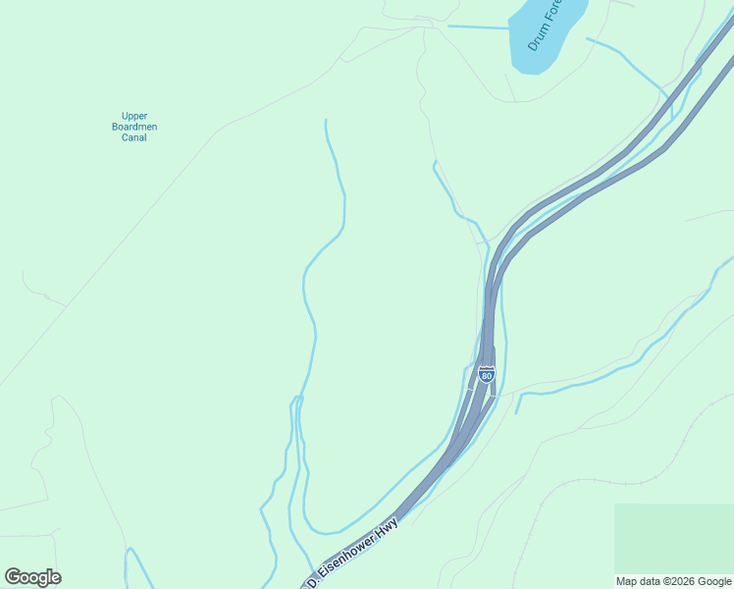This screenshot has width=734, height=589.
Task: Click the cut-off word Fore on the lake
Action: point(552,12)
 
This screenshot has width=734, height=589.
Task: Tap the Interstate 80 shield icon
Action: point(487,374)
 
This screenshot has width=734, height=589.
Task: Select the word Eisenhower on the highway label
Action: point(354,547)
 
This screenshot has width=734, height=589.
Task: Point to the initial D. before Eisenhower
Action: point(313,581)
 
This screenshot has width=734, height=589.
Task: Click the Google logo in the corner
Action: point(32,577)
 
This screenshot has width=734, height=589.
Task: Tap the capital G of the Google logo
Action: point(13,576)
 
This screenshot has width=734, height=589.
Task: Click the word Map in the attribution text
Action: point(626,581)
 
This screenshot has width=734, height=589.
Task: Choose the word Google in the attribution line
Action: point(714,581)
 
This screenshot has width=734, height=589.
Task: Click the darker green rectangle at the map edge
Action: point(673,538)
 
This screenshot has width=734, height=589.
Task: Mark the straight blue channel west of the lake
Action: point(478,27)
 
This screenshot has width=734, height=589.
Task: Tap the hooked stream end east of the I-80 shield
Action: point(520,402)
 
